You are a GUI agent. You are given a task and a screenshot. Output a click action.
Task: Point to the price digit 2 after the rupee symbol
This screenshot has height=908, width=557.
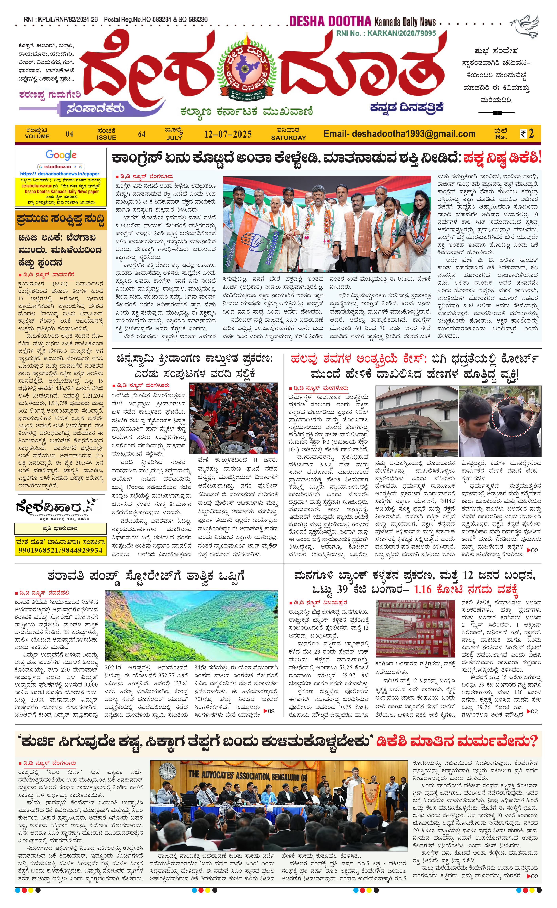(531, 134)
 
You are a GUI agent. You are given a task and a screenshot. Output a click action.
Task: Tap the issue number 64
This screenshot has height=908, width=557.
(142, 134)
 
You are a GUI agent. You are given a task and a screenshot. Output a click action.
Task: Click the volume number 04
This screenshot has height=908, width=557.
(69, 134)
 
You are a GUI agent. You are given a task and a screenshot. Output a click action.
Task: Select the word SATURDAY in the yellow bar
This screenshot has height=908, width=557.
(288, 138)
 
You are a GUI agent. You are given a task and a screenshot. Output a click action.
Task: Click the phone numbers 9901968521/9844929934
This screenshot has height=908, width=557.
(61, 550)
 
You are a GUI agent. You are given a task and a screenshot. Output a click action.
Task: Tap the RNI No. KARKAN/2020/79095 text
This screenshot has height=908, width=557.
(386, 33)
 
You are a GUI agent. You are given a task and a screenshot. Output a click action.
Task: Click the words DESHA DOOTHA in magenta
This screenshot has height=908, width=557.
(330, 21)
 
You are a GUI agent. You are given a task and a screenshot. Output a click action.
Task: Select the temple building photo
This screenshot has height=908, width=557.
(416, 421)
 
